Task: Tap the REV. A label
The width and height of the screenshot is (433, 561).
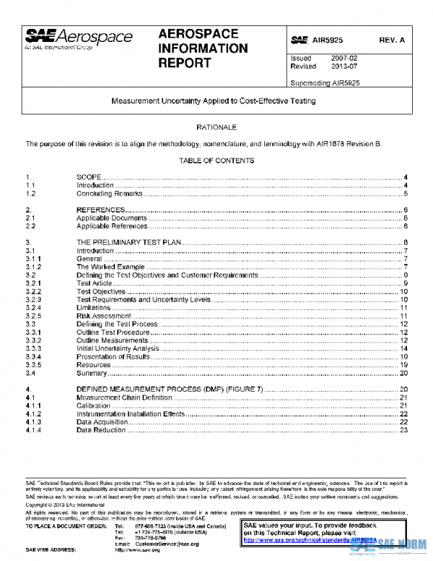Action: click(x=393, y=40)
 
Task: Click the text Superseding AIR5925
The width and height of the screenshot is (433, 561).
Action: click(x=325, y=83)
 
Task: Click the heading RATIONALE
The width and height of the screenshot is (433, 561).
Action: click(x=216, y=127)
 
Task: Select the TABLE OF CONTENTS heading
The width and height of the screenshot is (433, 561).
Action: click(x=216, y=160)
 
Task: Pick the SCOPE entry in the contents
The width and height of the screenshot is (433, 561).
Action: click(x=90, y=177)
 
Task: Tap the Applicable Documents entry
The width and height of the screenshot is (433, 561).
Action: click(x=112, y=218)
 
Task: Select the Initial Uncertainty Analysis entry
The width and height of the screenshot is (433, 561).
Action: click(x=118, y=348)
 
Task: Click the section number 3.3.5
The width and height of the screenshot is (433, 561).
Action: click(x=34, y=365)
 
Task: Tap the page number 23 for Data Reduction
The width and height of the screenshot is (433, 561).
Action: click(x=404, y=430)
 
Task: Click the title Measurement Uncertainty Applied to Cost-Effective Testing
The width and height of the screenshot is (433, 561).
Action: click(x=213, y=101)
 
